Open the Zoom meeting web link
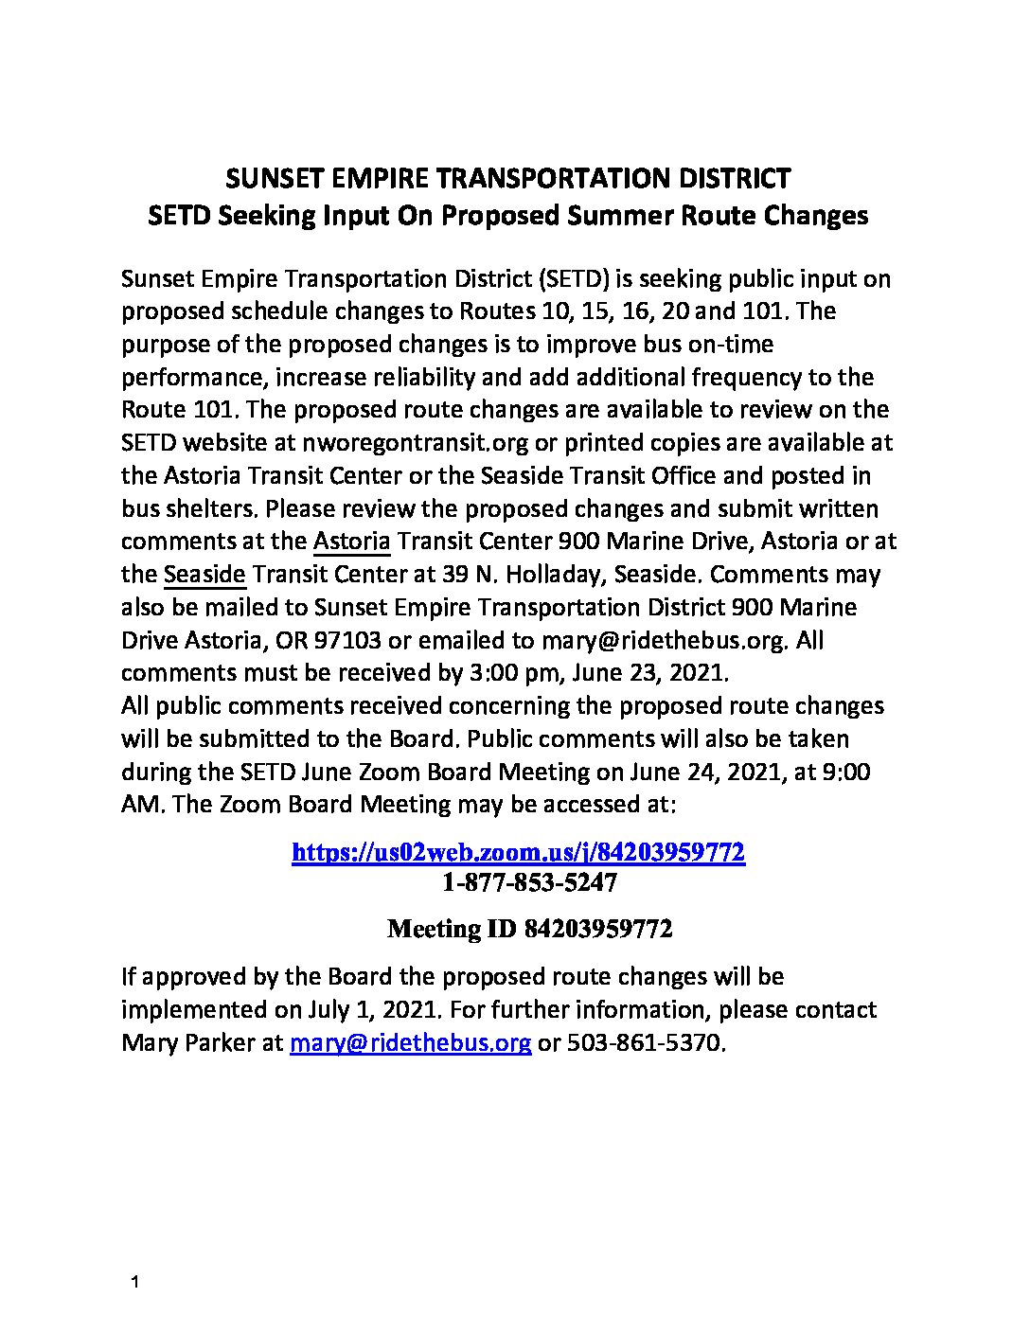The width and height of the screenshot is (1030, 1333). [518, 852]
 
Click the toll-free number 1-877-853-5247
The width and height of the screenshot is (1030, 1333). [529, 883]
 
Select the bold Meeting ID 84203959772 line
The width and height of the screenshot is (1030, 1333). [530, 929]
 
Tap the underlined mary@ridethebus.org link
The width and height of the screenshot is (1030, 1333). [410, 1042]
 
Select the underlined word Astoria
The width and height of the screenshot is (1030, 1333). [351, 542]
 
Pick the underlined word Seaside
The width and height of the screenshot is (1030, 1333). [204, 575]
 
